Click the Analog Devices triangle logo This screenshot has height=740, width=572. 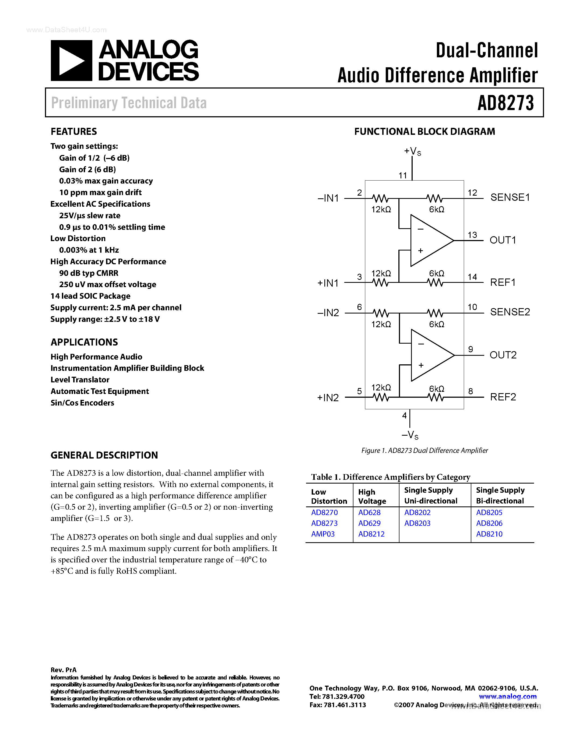coord(71,61)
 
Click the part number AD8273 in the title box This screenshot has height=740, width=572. coord(505,103)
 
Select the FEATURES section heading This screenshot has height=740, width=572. coord(73,132)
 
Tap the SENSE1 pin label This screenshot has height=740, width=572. coord(510,197)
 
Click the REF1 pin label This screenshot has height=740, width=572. coord(503,282)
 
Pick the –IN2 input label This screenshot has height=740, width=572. coord(328,312)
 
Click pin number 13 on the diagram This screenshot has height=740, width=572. coord(472,235)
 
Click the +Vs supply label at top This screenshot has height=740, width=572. coord(412,151)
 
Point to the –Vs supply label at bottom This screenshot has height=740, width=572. coord(410,435)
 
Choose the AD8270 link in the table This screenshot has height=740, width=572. coord(324,512)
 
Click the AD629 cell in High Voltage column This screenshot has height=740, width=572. coord(369,523)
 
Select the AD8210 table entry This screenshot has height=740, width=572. coord(489,534)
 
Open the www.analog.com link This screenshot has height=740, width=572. coord(508,696)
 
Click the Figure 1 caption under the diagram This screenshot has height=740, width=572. coord(424,450)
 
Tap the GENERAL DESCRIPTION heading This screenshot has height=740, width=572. coord(104,455)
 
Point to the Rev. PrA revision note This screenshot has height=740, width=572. coord(63,670)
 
